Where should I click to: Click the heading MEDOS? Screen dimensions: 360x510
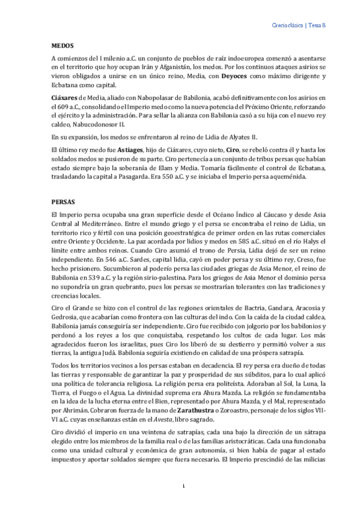click(62, 45)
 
